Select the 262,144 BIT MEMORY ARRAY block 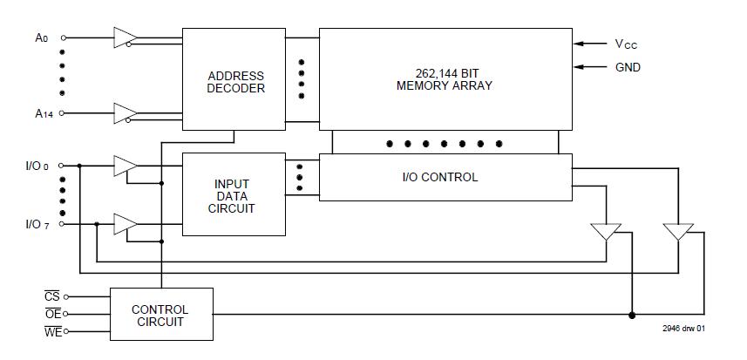click(445, 78)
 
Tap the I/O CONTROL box click(445, 177)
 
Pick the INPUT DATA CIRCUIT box click(233, 195)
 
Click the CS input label click(52, 297)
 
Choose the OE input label click(52, 314)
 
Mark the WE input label click(52, 330)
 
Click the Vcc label click(627, 44)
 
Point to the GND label click(628, 67)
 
